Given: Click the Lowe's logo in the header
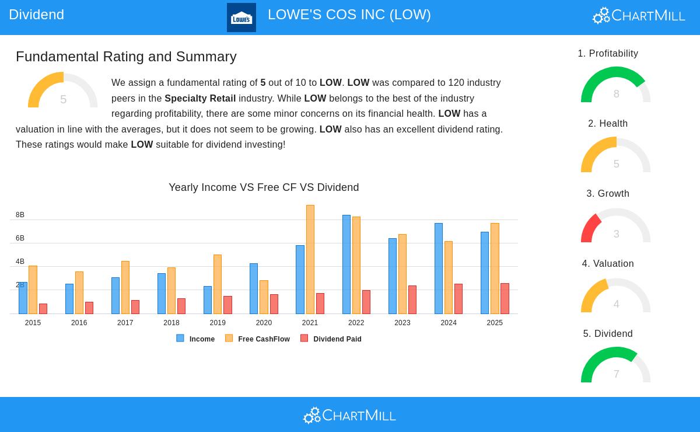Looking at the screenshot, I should pyautogui.click(x=241, y=18).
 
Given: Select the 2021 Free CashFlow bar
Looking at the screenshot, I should pyautogui.click(x=310, y=259).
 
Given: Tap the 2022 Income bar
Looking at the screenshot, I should pyautogui.click(x=346, y=264).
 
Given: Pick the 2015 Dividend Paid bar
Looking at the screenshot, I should pyautogui.click(x=43, y=309).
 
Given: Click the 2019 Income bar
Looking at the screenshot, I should pyautogui.click(x=208, y=299).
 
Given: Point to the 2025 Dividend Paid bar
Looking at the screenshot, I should pyautogui.click(x=505, y=298).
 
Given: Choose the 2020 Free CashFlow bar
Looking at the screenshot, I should pyautogui.click(x=264, y=297).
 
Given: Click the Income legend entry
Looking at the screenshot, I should pyautogui.click(x=196, y=339).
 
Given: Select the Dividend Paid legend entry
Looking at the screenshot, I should pyautogui.click(x=331, y=339).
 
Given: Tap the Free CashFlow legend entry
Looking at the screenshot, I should pyautogui.click(x=258, y=339).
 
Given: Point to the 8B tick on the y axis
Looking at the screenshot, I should pyautogui.click(x=20, y=215).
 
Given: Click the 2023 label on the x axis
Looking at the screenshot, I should pyautogui.click(x=402, y=323).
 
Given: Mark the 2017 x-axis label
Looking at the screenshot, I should pyautogui.click(x=125, y=323).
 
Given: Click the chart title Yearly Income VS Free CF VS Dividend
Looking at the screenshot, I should pyautogui.click(x=264, y=187).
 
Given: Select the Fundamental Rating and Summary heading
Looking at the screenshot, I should pyautogui.click(x=126, y=57).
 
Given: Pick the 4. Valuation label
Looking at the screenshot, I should pyautogui.click(x=608, y=264).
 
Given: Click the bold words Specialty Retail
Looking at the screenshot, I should pyautogui.click(x=200, y=98).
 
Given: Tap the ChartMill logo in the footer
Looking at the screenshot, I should pyautogui.click(x=350, y=415).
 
